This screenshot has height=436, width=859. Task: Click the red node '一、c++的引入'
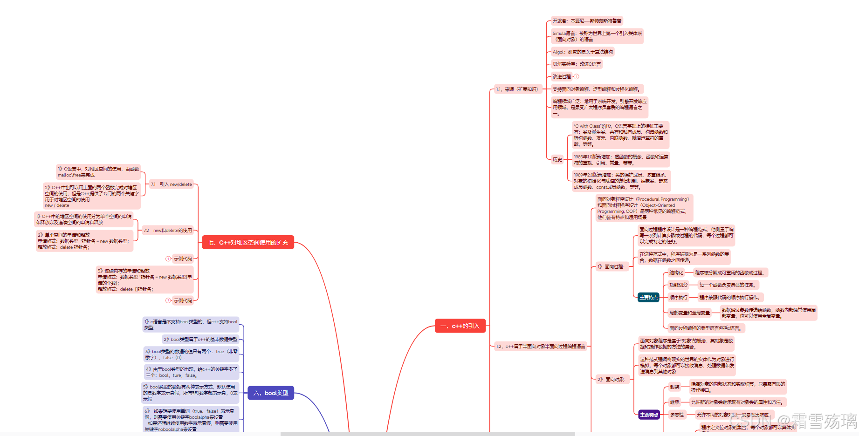coord(460,326)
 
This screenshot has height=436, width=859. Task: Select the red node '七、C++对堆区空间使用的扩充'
coord(248,242)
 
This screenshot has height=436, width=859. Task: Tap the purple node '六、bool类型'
coord(271,393)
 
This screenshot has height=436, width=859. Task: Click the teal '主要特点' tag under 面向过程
coord(648,297)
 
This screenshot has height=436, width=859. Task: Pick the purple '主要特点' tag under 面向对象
coord(649,415)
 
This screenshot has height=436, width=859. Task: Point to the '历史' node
coord(557,159)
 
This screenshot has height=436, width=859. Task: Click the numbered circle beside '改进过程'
coord(577,76)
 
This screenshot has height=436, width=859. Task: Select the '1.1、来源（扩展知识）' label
coord(516,89)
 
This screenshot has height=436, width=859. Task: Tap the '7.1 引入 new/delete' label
coord(171,184)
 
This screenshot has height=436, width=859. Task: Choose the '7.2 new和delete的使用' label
coord(168,230)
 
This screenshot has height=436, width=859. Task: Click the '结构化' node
coord(676,272)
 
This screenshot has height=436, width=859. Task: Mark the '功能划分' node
coord(678,285)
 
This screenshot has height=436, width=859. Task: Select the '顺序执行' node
coord(678,297)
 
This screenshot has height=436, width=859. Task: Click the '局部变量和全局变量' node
coord(689,313)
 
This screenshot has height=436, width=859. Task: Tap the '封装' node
coord(674,387)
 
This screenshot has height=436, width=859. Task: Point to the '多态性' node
coord(677,415)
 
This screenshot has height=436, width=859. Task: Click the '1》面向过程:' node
coord(611,266)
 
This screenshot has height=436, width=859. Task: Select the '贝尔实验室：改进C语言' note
coord(577,64)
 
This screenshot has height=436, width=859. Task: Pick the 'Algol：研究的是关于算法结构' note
coord(583,52)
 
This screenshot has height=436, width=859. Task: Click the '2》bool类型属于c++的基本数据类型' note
coord(200,339)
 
